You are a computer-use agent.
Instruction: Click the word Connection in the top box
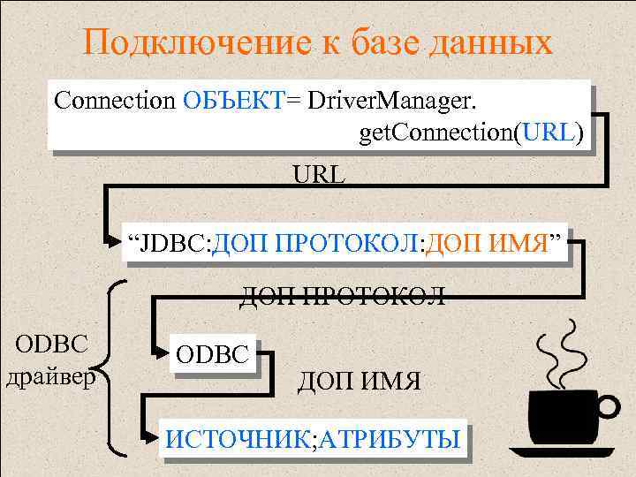(115, 100)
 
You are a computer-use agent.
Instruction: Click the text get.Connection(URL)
(471, 133)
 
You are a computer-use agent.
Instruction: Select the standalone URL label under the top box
(320, 174)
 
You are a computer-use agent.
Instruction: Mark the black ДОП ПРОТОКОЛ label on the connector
(343, 295)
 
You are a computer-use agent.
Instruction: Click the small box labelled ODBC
(216, 353)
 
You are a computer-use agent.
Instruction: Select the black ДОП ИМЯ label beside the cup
(360, 382)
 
